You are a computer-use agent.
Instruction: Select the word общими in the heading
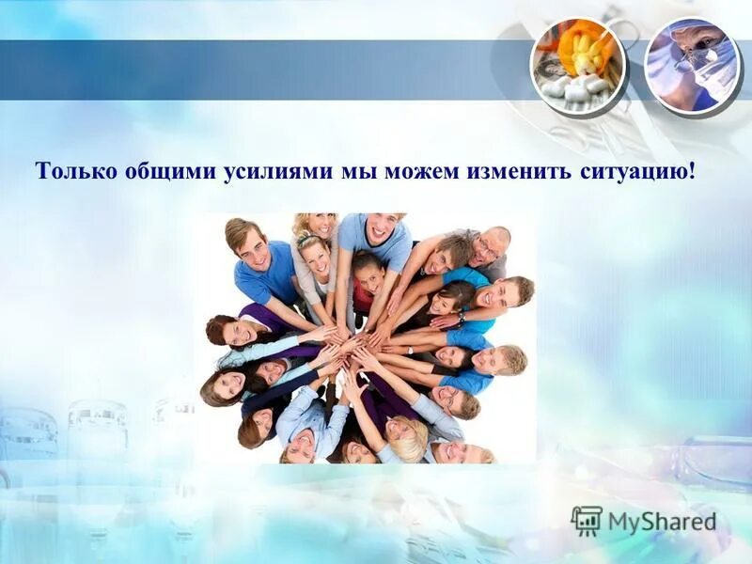coord(165,172)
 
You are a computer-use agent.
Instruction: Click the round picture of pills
coord(577,65)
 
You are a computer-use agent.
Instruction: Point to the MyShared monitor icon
coord(586,520)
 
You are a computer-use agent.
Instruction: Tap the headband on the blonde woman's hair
coord(311,241)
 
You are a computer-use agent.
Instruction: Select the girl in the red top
coord(367,282)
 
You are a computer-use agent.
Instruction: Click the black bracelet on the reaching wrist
coord(461,320)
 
